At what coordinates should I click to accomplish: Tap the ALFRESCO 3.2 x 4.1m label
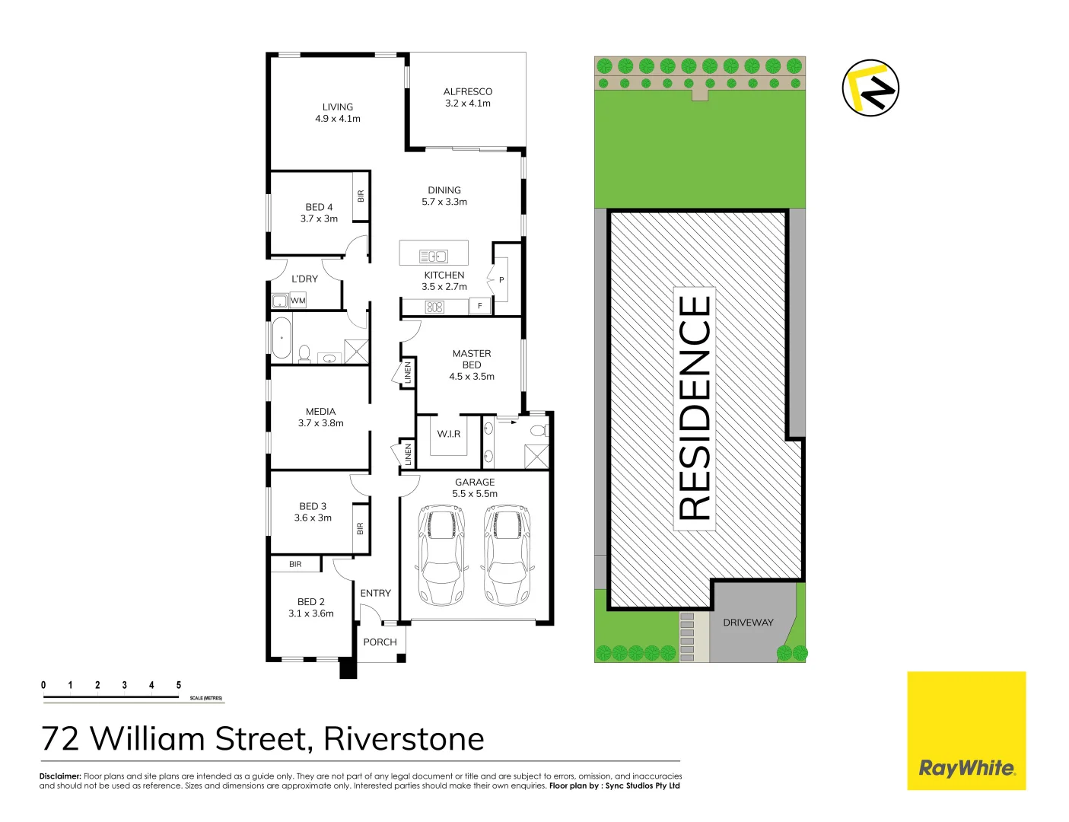point(468,97)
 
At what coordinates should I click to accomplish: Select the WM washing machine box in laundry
point(298,301)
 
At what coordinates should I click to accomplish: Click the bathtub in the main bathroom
point(282,338)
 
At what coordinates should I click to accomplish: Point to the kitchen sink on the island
point(434,256)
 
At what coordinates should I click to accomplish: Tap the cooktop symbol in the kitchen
point(434,307)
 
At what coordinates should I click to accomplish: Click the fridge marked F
point(480,306)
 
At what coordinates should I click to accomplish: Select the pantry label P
point(501,280)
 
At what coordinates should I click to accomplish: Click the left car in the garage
point(441,554)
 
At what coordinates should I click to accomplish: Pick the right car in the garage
point(507,554)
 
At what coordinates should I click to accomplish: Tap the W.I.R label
point(449,434)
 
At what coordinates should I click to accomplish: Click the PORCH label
point(380,642)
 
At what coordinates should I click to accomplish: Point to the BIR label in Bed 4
point(361,196)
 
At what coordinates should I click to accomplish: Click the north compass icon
point(870,88)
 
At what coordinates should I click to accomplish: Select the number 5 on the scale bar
point(179,685)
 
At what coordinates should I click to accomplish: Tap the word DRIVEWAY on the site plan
point(748,623)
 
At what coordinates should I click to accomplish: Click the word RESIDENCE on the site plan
point(695,408)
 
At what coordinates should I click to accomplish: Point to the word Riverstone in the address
point(404,739)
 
